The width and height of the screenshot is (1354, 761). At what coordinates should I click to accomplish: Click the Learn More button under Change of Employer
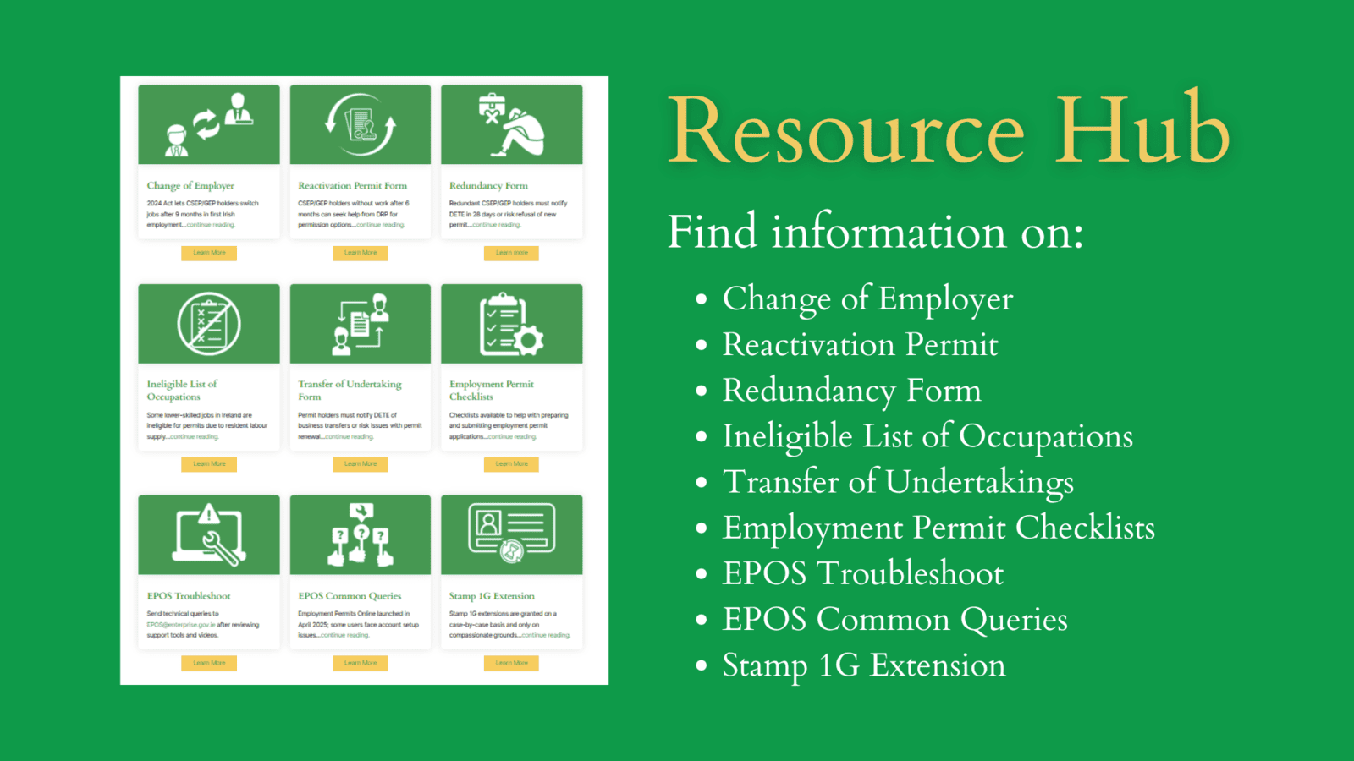click(209, 253)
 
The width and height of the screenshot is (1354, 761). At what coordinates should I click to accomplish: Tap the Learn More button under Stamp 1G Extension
click(511, 663)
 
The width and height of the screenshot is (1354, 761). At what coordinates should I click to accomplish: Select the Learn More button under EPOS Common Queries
click(361, 663)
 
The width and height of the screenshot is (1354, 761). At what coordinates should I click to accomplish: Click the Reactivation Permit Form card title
click(352, 186)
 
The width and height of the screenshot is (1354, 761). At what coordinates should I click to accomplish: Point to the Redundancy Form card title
click(488, 186)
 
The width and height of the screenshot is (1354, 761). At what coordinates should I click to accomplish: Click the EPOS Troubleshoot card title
click(189, 596)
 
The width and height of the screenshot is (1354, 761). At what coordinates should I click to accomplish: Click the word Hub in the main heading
click(1142, 131)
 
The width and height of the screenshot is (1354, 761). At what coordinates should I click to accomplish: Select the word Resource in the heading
click(846, 131)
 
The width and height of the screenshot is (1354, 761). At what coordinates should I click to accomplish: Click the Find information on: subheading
click(875, 232)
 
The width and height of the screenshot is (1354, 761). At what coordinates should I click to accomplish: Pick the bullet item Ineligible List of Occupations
click(927, 436)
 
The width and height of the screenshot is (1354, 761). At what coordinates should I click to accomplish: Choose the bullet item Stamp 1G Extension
click(864, 665)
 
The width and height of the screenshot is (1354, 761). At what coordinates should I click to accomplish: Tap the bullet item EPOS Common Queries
click(895, 620)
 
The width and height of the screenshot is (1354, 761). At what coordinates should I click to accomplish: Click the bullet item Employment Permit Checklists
click(938, 528)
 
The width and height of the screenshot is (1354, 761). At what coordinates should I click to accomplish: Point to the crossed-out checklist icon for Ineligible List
click(209, 324)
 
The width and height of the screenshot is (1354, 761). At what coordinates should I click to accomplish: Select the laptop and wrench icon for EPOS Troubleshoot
click(210, 534)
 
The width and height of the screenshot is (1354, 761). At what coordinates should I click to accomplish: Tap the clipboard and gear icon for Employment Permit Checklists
click(510, 325)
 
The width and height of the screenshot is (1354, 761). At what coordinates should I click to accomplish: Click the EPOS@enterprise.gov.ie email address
click(180, 625)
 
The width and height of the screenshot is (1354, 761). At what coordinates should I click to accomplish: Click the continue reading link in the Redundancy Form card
click(497, 225)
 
